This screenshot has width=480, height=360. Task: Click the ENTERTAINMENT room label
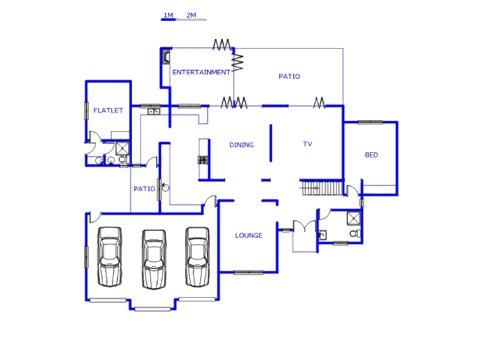pos(201,73)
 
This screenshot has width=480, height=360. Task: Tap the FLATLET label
pos(108,111)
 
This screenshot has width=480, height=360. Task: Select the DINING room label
pos(241,145)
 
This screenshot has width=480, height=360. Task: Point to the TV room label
pos(307,144)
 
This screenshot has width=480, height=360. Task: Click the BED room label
pos(371,155)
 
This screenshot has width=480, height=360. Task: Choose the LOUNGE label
pos(249,235)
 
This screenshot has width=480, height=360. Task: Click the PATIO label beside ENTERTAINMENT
pos(289,76)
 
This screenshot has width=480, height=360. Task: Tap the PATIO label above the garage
pos(144,189)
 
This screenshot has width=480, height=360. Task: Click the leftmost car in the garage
pos(109,257)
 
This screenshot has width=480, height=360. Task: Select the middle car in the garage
pos(154,259)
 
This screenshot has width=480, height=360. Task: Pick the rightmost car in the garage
pos(198,256)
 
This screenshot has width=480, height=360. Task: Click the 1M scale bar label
pos(169,15)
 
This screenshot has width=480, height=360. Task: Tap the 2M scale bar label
pos(191,15)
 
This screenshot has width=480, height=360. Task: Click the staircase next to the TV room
pos(322,187)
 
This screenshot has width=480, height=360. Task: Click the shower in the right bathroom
pos(353,218)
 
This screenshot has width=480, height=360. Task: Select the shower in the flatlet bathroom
pos(121,148)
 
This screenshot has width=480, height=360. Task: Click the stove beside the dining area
pos(202,160)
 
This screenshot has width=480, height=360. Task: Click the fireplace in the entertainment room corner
pos(166,57)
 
